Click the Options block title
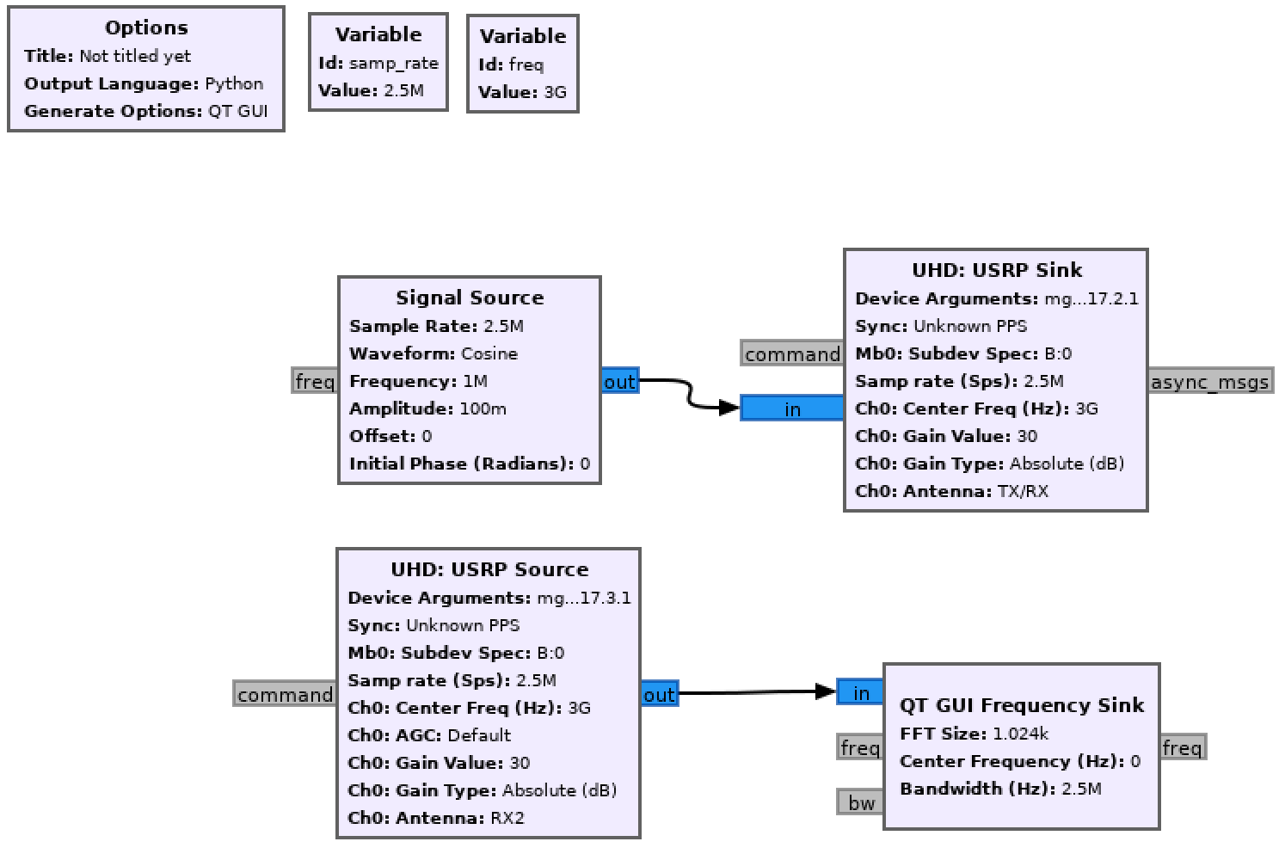(x=146, y=28)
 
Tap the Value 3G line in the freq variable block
(x=522, y=92)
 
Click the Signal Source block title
(x=470, y=298)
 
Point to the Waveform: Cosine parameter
(x=433, y=353)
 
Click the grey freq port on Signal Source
(x=315, y=381)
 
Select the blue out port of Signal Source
(x=619, y=381)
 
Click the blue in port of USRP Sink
(x=792, y=408)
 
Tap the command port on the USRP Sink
(x=792, y=353)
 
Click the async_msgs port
(x=1209, y=381)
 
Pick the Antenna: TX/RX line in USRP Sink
(x=951, y=491)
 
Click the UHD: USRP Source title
(x=489, y=569)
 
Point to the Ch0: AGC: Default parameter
(x=429, y=735)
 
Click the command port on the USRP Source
(x=285, y=694)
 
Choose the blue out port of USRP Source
(x=659, y=694)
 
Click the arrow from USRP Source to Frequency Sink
(x=748, y=692)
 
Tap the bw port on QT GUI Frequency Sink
(x=861, y=802)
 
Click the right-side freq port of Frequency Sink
(x=1182, y=747)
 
